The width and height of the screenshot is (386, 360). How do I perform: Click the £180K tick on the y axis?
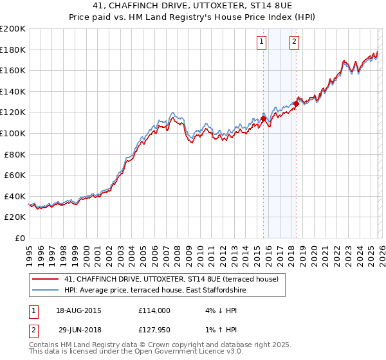point(13,50)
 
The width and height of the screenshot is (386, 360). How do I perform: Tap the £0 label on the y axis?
point(21,238)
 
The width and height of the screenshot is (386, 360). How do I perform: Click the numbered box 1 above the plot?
point(262,42)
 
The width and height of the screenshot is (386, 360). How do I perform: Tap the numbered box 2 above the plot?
point(294,42)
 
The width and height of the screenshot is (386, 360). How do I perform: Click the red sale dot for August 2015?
point(263,119)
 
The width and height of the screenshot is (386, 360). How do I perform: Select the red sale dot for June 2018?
point(296,104)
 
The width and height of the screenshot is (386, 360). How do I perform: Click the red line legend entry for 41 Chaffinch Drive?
point(171,279)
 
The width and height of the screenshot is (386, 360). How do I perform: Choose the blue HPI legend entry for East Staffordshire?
point(155,291)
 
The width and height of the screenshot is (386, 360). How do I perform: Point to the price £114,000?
point(154,310)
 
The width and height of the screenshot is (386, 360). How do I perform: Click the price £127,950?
point(154,332)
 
